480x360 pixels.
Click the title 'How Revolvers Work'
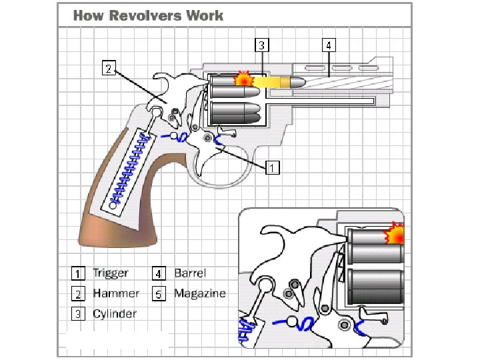[148, 15]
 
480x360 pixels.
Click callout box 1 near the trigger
[272, 167]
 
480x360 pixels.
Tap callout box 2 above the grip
[109, 67]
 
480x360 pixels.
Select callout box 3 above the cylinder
[263, 45]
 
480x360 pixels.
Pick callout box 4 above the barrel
[329, 45]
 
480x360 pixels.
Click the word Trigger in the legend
[111, 273]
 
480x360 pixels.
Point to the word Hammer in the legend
[116, 293]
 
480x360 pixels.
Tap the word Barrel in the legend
[190, 273]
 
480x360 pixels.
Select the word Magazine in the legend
[200, 293]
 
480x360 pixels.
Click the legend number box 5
[159, 293]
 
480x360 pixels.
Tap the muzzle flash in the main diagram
[245, 79]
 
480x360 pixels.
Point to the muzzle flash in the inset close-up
[397, 234]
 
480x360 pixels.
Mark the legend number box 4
[159, 273]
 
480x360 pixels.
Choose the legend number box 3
[79, 314]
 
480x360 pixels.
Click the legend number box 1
[79, 273]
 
